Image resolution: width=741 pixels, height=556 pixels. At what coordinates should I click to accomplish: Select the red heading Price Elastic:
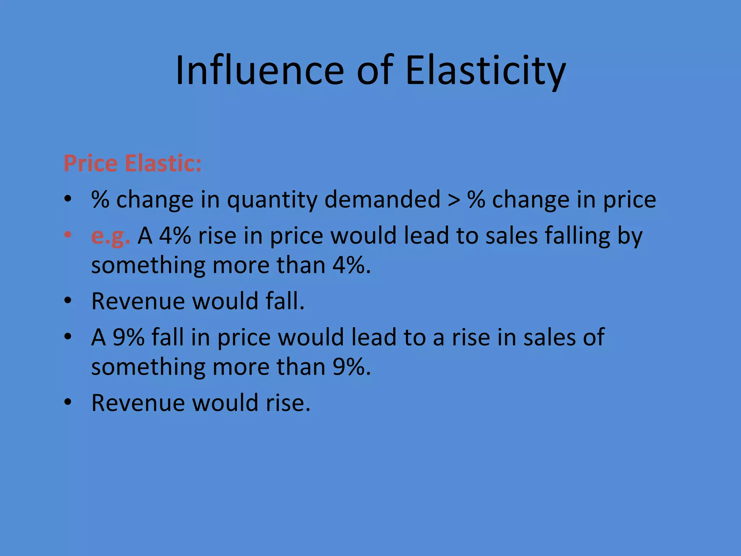(x=132, y=163)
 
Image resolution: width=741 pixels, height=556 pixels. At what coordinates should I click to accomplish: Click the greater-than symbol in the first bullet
(x=454, y=200)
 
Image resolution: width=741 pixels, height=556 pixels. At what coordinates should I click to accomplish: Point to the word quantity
(x=272, y=200)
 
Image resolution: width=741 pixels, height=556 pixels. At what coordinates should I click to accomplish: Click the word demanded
(x=382, y=200)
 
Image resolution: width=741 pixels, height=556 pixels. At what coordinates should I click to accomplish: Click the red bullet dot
(x=68, y=235)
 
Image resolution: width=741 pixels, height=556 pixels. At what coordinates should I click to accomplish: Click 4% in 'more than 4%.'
(x=349, y=265)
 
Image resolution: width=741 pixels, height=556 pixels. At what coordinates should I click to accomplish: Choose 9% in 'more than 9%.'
(x=349, y=367)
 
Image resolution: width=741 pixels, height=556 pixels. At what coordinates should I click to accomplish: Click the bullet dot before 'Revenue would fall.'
(x=68, y=301)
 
